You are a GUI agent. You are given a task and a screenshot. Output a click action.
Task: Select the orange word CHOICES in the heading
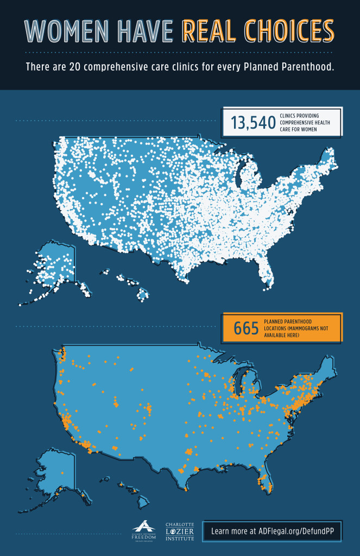pyautogui.click(x=288, y=31)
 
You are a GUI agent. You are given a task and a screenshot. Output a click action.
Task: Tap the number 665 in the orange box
pyautogui.click(x=245, y=328)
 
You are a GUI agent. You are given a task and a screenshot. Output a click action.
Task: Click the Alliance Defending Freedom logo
pyautogui.click(x=143, y=530)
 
